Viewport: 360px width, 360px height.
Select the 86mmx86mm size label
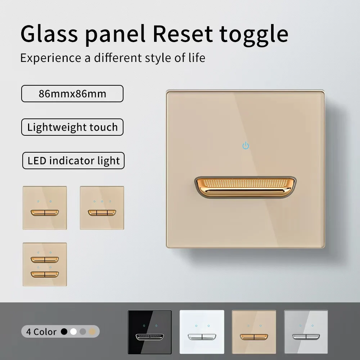coord(72,94)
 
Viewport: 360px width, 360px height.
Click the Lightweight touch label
coord(72,127)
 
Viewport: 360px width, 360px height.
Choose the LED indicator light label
coord(73,161)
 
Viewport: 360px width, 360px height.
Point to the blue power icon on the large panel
coord(246,146)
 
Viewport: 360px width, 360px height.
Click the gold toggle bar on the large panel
coord(246,186)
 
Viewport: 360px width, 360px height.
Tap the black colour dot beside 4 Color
coord(64,332)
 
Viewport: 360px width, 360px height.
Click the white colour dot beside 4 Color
coord(73,332)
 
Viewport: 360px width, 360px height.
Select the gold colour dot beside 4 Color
coord(92,332)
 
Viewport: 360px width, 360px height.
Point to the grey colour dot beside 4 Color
coord(83,332)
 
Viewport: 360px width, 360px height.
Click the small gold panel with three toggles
coord(102,208)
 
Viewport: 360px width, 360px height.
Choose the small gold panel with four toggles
coord(45,265)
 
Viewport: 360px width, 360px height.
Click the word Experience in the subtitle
coord(51,58)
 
